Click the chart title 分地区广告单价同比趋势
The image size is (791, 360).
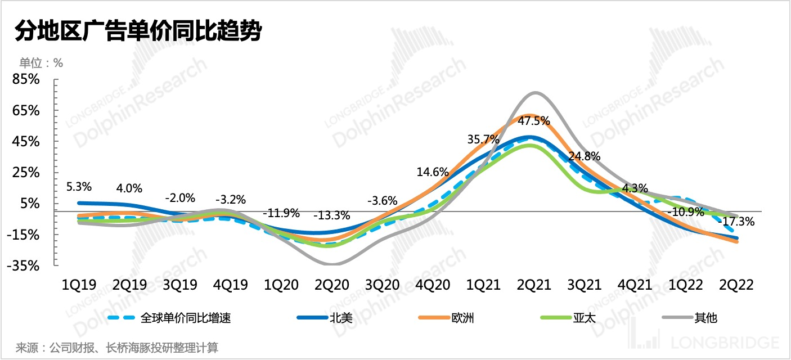(x=138, y=31)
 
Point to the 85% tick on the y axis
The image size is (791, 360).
(x=27, y=80)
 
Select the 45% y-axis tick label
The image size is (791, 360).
(x=27, y=142)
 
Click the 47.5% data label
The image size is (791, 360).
(x=533, y=120)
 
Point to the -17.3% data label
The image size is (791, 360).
(x=738, y=222)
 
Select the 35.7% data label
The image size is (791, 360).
(x=484, y=139)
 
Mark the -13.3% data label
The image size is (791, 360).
(x=331, y=215)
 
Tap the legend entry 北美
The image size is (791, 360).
(x=340, y=318)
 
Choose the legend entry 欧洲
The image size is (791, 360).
(x=462, y=318)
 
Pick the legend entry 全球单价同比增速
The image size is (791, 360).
(x=186, y=318)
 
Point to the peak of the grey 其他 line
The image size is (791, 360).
(x=535, y=92)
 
